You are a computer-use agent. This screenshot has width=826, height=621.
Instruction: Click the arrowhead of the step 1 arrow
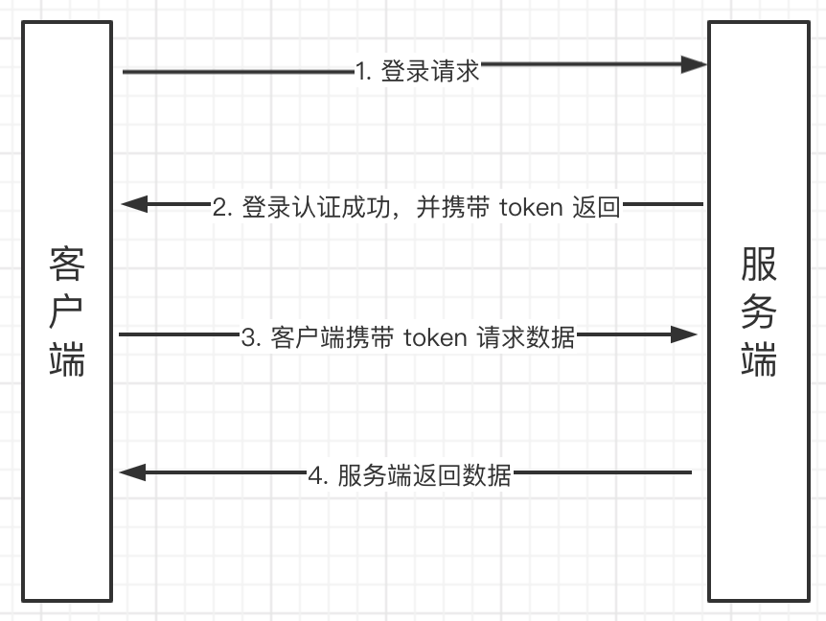695,64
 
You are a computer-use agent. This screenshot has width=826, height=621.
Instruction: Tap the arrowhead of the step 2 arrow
134,204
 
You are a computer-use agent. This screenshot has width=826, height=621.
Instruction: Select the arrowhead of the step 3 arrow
684,334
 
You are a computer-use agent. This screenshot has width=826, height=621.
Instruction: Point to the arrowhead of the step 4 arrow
131,471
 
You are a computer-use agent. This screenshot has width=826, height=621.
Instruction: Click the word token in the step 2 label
530,207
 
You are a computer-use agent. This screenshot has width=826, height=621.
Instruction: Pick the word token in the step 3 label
435,337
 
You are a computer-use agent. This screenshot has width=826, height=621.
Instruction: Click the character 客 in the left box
67,264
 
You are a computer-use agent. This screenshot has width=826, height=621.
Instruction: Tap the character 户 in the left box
67,311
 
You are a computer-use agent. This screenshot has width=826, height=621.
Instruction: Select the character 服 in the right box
758,264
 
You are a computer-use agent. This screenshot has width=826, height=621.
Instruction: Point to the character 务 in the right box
758,311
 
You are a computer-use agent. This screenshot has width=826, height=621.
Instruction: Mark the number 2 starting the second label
220,207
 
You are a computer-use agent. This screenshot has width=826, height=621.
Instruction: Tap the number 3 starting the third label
249,337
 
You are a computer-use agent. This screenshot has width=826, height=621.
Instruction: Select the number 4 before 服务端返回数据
316,475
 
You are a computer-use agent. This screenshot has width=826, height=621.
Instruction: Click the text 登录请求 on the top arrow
430,71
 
